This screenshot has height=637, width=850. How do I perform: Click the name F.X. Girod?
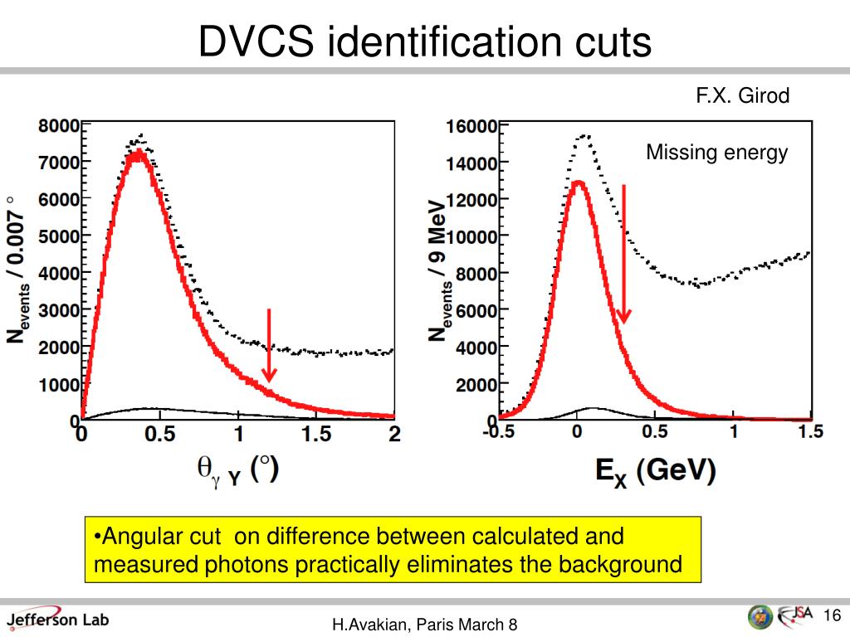click(x=742, y=96)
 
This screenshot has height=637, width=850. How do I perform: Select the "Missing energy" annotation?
click(x=716, y=153)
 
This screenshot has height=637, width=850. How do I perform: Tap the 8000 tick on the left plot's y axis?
click(x=58, y=126)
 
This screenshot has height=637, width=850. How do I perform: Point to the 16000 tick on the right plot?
click(x=471, y=126)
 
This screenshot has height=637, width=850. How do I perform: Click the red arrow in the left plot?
click(x=268, y=345)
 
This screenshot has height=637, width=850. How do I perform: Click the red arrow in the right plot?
click(x=623, y=254)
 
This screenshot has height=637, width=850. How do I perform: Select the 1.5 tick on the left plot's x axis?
click(x=315, y=434)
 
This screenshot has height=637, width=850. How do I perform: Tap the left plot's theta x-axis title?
click(x=237, y=470)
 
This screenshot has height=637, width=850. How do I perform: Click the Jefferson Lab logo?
click(x=57, y=619)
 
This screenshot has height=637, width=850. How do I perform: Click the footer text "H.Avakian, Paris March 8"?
click(x=425, y=625)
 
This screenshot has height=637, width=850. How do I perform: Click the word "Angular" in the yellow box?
click(x=133, y=537)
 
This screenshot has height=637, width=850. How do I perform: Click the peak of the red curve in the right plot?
click(x=579, y=182)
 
